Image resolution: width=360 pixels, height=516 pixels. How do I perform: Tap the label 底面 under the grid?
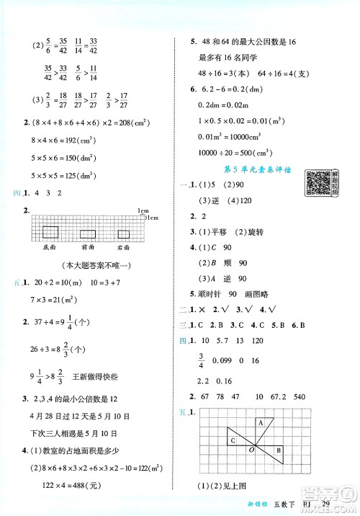pos(50,246)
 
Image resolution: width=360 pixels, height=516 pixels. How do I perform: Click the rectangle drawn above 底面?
pos(50,231)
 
